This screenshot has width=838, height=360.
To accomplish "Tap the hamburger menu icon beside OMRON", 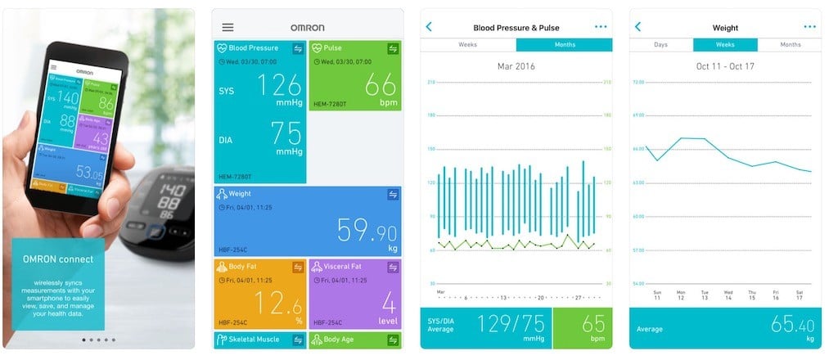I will click(228, 28).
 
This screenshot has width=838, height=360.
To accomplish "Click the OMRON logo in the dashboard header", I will click(308, 28).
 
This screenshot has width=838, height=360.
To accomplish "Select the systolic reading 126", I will click(280, 85).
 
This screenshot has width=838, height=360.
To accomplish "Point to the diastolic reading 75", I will click(286, 133).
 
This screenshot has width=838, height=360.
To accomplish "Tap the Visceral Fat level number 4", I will click(388, 304).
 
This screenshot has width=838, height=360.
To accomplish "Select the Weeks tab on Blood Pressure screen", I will click(468, 45).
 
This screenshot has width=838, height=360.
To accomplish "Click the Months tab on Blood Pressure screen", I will click(564, 45).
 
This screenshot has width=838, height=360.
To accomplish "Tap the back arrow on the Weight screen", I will click(638, 27).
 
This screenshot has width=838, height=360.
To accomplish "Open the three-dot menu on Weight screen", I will click(809, 27).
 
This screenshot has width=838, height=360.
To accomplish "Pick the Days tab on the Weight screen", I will click(660, 45).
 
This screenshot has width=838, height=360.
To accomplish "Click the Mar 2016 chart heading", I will click(516, 66).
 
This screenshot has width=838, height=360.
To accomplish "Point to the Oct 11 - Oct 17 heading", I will click(724, 66).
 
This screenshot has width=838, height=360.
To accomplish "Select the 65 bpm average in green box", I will click(592, 324).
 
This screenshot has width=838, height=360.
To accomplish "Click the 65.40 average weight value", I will click(792, 325).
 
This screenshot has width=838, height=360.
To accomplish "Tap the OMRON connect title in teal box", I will click(58, 259).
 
